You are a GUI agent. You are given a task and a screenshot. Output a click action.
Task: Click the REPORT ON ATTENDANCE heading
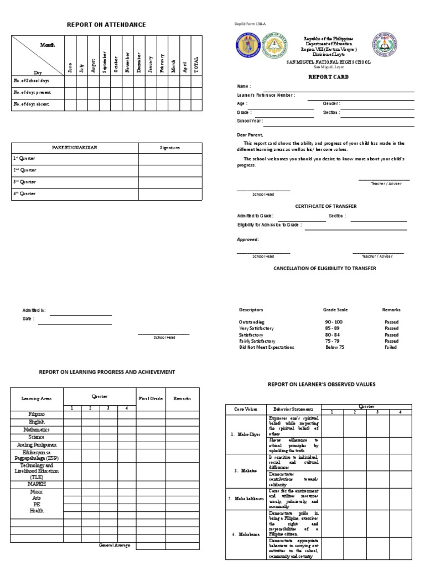point(106,25)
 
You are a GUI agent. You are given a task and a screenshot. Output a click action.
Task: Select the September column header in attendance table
point(103,62)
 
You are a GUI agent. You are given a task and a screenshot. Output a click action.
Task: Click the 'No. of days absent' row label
point(32,104)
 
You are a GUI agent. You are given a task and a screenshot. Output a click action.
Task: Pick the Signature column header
point(170,148)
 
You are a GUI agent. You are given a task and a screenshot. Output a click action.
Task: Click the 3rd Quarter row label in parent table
point(25,182)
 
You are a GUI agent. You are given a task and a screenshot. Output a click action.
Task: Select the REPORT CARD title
point(328,77)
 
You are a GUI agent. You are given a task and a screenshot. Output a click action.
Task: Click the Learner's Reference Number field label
point(266,95)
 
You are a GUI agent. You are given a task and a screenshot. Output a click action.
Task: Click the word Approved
point(247,239)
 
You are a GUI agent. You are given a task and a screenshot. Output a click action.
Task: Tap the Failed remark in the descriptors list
point(391,347)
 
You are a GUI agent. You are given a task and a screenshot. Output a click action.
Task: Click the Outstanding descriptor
point(252,322)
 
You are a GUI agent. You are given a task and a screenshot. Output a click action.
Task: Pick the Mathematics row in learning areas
point(37,429)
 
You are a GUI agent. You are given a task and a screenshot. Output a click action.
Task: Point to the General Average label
point(115,545)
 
